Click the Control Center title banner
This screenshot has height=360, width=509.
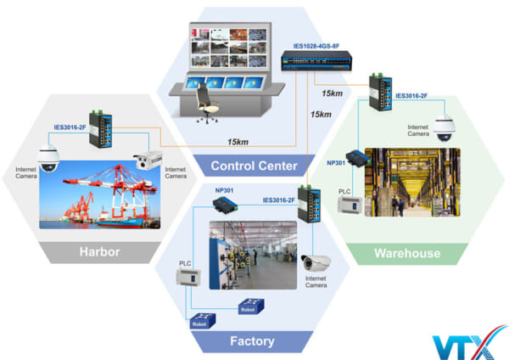[x=254, y=165]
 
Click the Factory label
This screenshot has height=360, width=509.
[x=253, y=341]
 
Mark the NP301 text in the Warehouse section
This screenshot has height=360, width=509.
[x=337, y=162]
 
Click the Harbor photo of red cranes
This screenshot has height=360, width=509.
[x=102, y=194]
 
